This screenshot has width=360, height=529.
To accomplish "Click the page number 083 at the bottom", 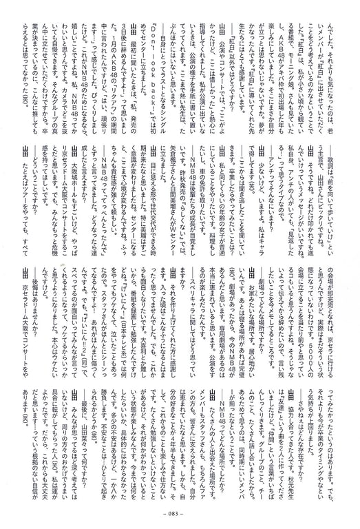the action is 180,517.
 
